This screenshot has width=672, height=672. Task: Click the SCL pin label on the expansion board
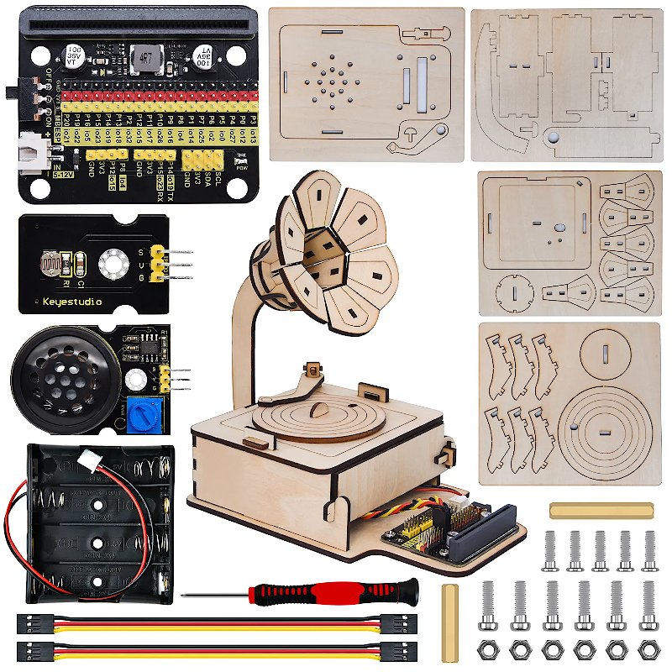219,176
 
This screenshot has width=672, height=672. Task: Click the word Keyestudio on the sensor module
71,301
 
